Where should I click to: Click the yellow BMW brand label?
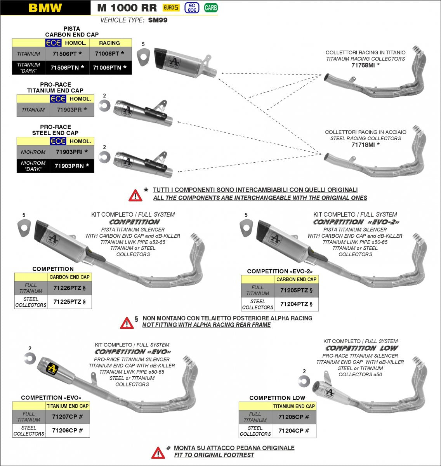click(45, 8)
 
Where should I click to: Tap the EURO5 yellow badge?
click(171, 7)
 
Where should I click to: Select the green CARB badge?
click(211, 7)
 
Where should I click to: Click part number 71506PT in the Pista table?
click(67, 54)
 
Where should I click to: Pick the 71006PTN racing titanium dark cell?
click(110, 68)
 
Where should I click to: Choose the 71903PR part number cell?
click(72, 110)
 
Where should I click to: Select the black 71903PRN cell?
click(72, 166)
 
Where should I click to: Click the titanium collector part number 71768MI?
click(365, 65)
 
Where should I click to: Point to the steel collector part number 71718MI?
click(365, 145)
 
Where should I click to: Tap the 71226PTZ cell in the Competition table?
click(69, 288)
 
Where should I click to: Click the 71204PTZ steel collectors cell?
click(296, 304)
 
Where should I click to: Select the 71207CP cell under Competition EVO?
click(67, 417)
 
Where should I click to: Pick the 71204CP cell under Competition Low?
click(294, 431)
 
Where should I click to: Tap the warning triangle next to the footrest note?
click(158, 452)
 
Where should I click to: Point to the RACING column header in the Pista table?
click(109, 43)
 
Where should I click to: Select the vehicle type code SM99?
click(158, 20)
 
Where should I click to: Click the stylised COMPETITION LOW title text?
click(362, 348)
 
